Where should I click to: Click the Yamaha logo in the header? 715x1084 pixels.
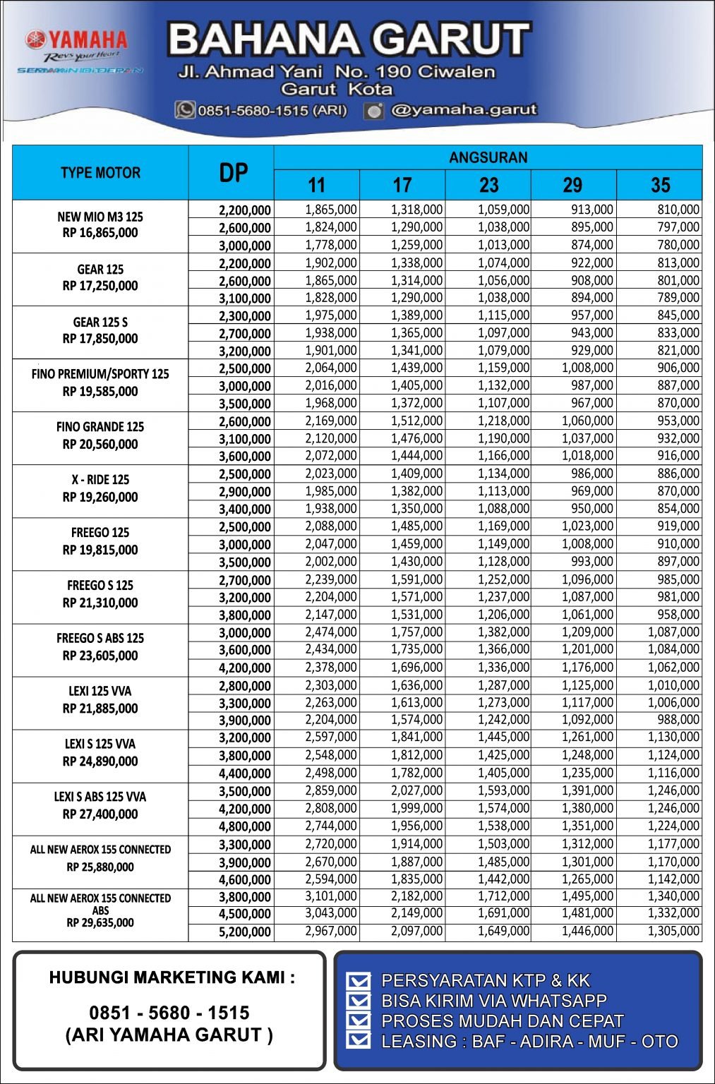click(76, 40)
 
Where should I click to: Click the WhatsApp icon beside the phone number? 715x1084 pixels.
click(185, 110)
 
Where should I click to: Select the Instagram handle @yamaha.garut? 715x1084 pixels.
click(463, 110)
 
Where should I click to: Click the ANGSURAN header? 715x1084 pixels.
click(488, 157)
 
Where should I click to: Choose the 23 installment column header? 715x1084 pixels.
click(488, 186)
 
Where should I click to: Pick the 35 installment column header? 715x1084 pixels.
click(660, 186)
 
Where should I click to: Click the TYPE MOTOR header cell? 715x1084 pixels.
click(100, 173)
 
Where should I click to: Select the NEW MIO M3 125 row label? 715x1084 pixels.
click(100, 217)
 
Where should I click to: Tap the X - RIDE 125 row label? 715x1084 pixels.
click(100, 480)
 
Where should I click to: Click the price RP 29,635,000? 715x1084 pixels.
click(100, 922)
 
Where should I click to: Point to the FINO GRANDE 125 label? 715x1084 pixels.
click(100, 427)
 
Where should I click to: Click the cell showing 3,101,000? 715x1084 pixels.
click(331, 896)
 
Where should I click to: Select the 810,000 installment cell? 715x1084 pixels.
click(678, 210)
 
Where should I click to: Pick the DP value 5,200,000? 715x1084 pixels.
click(244, 932)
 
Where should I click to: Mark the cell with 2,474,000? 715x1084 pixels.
click(331, 632)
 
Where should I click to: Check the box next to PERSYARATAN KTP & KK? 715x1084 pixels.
click(359, 981)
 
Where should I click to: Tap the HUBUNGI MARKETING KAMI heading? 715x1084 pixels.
click(172, 977)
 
